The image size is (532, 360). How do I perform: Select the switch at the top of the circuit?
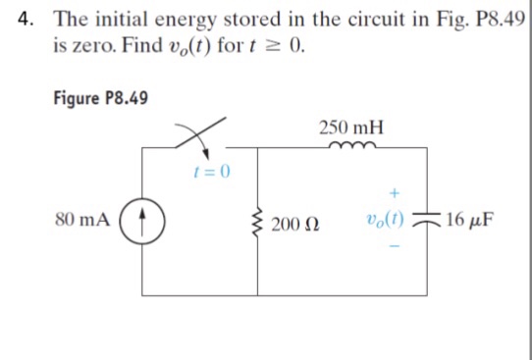(x=201, y=138)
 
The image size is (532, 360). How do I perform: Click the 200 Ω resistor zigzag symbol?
(x=258, y=218)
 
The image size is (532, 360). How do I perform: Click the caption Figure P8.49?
(x=100, y=98)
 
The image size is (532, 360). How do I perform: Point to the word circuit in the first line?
(x=385, y=19)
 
